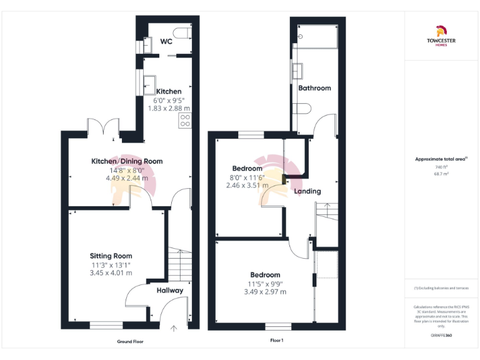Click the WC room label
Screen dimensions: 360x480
click(x=166, y=42)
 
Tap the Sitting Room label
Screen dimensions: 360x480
click(x=111, y=256)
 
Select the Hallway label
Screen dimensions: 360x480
click(x=169, y=291)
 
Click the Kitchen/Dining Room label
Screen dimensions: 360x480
click(x=127, y=161)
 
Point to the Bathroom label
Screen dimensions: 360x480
click(x=314, y=88)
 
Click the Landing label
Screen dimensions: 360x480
click(x=307, y=191)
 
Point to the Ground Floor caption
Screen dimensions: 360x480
click(x=130, y=342)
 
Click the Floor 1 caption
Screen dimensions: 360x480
click(x=277, y=341)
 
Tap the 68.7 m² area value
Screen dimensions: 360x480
click(x=441, y=173)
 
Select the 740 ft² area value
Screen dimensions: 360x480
click(x=441, y=167)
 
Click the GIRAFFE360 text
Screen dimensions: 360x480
click(x=441, y=336)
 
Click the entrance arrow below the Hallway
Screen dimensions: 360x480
click(x=174, y=327)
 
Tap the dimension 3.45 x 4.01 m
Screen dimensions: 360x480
click(x=111, y=273)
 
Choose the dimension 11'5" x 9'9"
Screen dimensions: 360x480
click(x=265, y=283)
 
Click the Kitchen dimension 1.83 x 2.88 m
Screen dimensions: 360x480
click(x=169, y=108)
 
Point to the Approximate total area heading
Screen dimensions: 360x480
click(x=441, y=159)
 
